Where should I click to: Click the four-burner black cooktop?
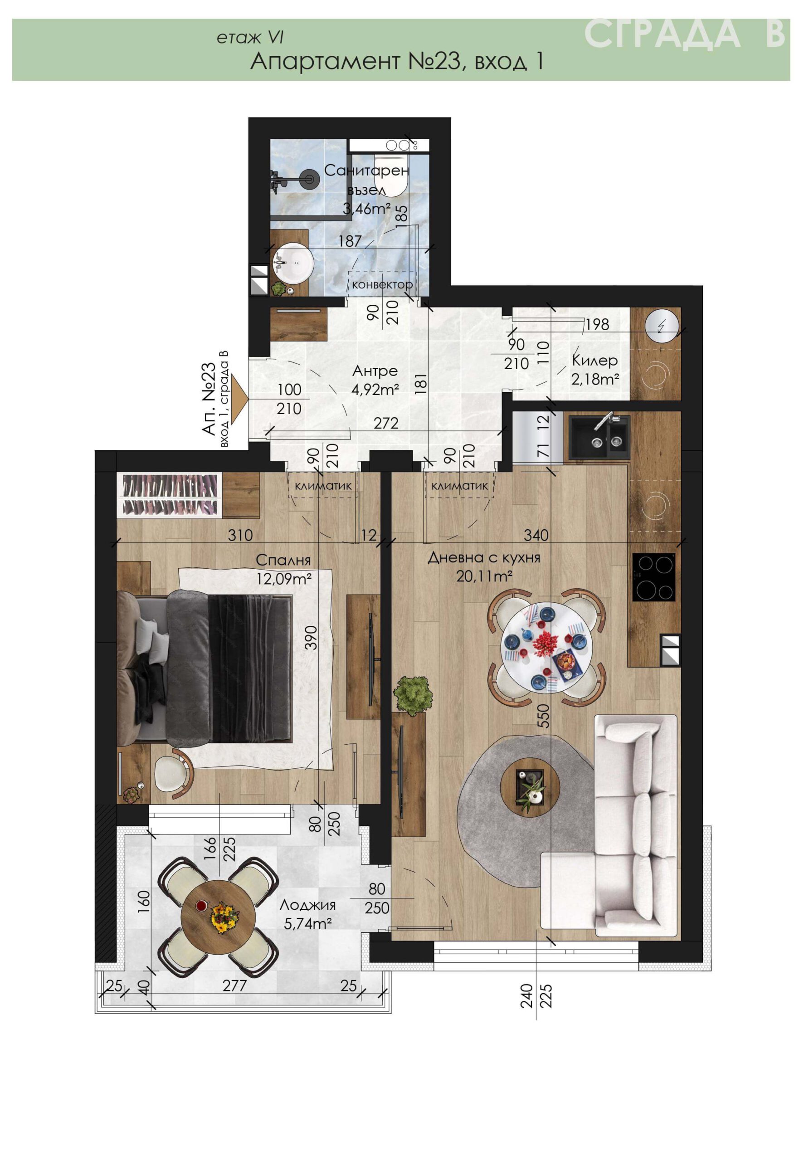click(653, 577)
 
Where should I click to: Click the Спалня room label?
click(283, 560)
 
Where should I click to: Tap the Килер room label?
click(595, 360)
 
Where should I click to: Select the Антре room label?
click(375, 371)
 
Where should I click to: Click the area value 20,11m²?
click(484, 576)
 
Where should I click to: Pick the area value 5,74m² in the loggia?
click(308, 923)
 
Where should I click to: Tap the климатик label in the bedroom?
click(323, 486)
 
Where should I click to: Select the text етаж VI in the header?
click(250, 38)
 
